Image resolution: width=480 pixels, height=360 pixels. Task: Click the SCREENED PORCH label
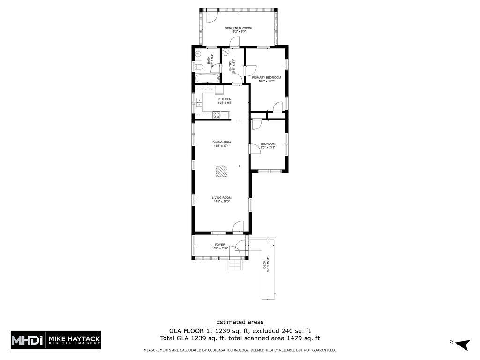238,28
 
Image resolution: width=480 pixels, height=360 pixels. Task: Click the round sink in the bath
198,53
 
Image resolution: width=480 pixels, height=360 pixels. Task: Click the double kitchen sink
199,103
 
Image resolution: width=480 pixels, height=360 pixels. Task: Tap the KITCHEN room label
225,99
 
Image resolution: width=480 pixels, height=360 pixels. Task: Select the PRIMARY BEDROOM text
266,77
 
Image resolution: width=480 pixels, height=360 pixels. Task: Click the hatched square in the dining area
221,172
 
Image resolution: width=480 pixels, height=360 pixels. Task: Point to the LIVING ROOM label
221,198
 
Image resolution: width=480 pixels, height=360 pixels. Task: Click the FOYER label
220,245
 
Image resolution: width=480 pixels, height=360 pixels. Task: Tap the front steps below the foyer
234,265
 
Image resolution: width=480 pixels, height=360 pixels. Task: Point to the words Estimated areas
240,322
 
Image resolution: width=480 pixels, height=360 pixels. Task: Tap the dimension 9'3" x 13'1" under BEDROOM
268,148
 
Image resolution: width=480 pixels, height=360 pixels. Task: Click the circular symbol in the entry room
225,52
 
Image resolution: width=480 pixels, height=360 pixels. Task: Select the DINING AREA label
222,142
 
